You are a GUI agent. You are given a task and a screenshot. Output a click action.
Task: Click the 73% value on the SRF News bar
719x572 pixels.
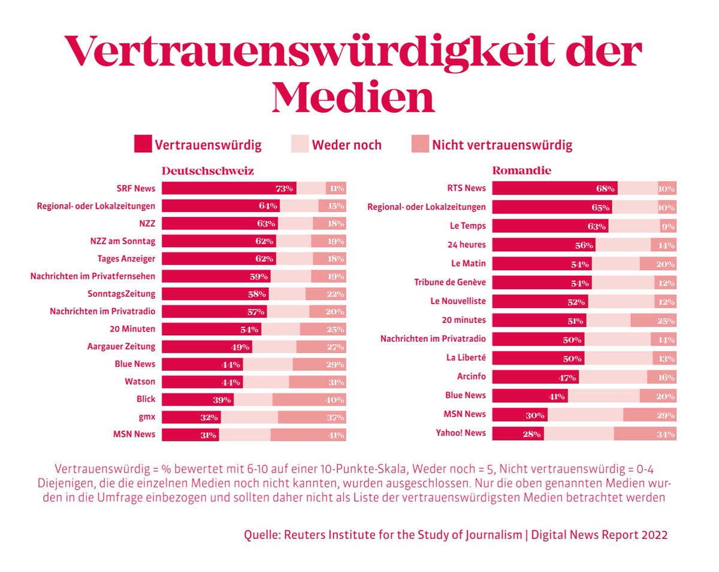click(x=284, y=188)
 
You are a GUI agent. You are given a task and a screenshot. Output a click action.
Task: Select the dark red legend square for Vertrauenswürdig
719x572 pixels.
click(x=143, y=144)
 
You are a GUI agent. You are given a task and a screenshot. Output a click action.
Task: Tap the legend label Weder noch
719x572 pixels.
click(x=346, y=145)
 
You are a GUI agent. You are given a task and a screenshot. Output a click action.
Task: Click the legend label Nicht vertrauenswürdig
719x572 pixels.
click(x=502, y=145)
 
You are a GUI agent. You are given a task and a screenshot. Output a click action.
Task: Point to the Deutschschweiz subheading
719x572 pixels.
click(x=207, y=171)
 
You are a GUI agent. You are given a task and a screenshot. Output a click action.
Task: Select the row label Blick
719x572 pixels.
click(x=146, y=399)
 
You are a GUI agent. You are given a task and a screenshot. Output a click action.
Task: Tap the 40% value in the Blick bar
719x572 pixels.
click(x=336, y=400)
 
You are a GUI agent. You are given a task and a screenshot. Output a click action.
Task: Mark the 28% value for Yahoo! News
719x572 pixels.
click(x=531, y=433)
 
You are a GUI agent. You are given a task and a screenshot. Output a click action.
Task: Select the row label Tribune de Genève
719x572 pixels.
click(x=450, y=282)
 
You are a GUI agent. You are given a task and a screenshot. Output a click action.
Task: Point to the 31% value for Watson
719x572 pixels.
click(x=336, y=382)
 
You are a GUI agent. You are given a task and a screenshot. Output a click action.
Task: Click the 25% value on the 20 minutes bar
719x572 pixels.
click(x=665, y=321)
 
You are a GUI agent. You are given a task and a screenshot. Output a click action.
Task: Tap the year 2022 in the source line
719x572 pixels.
click(x=654, y=535)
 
